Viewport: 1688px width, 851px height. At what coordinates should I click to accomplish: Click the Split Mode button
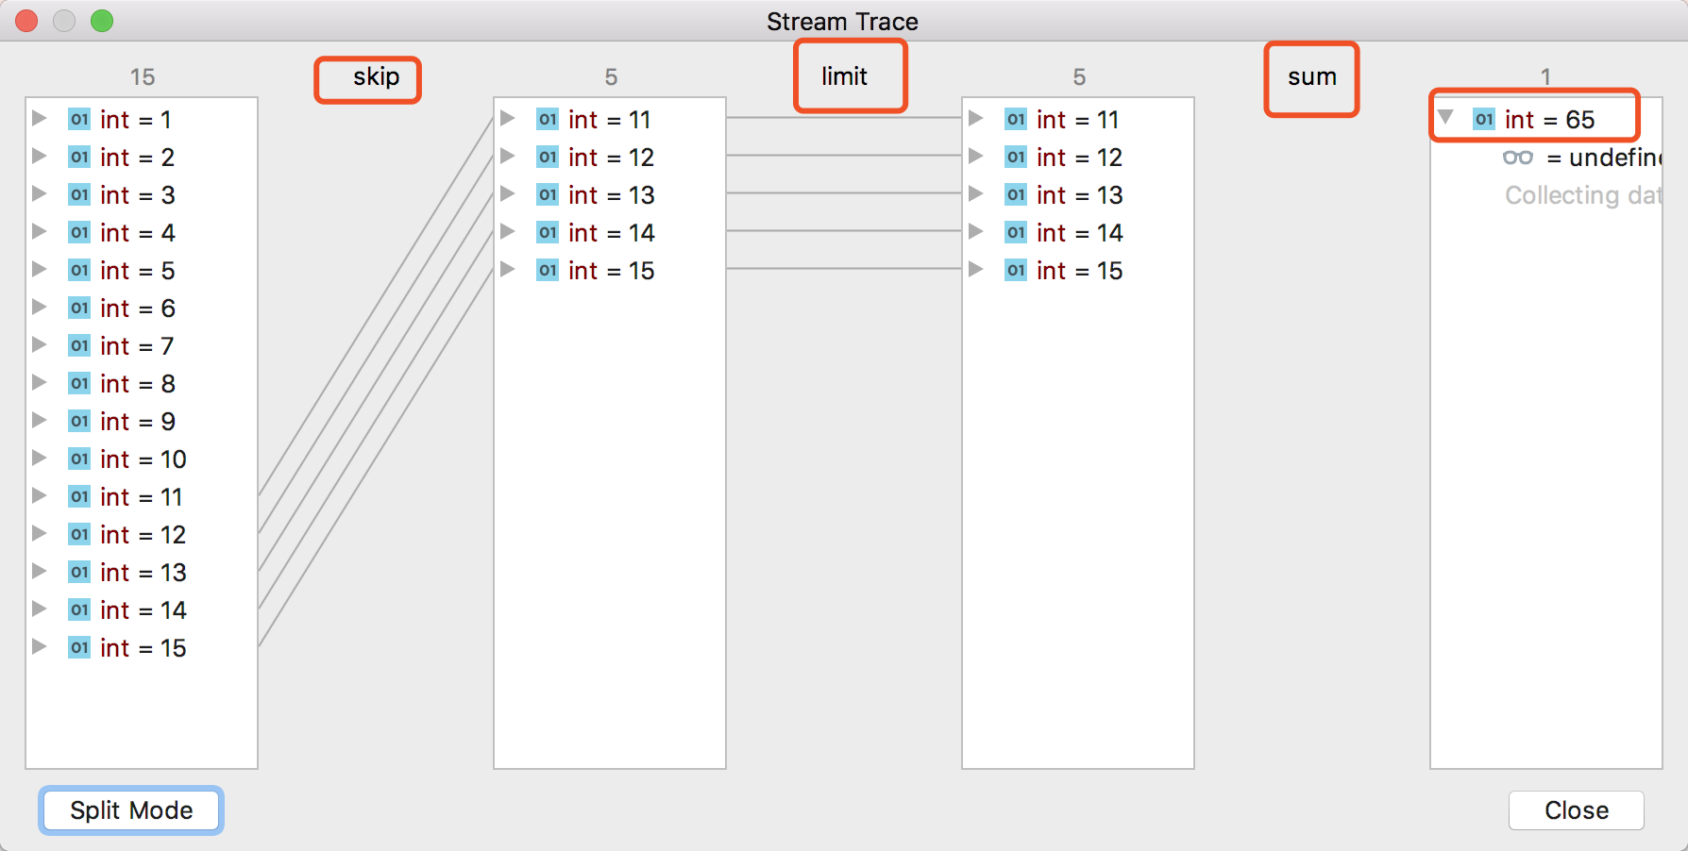pos(131,810)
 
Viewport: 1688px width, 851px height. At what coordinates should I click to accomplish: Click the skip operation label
pos(376,77)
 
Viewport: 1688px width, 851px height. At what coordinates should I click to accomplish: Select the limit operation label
pos(844,77)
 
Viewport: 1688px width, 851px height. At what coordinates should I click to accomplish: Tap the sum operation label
pos(1311,77)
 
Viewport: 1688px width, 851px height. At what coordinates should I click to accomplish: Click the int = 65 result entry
pos(1548,120)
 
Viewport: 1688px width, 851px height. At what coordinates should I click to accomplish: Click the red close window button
pos(26,21)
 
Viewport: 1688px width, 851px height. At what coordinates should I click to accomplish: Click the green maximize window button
pos(102,21)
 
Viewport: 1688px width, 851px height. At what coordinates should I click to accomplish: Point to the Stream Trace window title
pos(842,22)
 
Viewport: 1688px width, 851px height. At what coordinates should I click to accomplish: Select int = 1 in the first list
pos(135,120)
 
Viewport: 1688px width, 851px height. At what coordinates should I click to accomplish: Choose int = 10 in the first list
pos(143,459)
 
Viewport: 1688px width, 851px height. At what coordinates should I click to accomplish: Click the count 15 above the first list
pos(143,77)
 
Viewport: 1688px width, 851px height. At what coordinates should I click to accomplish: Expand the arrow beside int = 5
pos(40,270)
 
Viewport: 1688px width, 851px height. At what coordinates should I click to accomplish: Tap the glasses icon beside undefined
pos(1517,158)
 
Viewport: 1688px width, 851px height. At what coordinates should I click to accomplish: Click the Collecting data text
pos(1581,195)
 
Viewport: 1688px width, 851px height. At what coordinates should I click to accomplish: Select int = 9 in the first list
pos(137,422)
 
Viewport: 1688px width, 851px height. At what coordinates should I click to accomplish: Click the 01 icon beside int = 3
pos(79,195)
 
